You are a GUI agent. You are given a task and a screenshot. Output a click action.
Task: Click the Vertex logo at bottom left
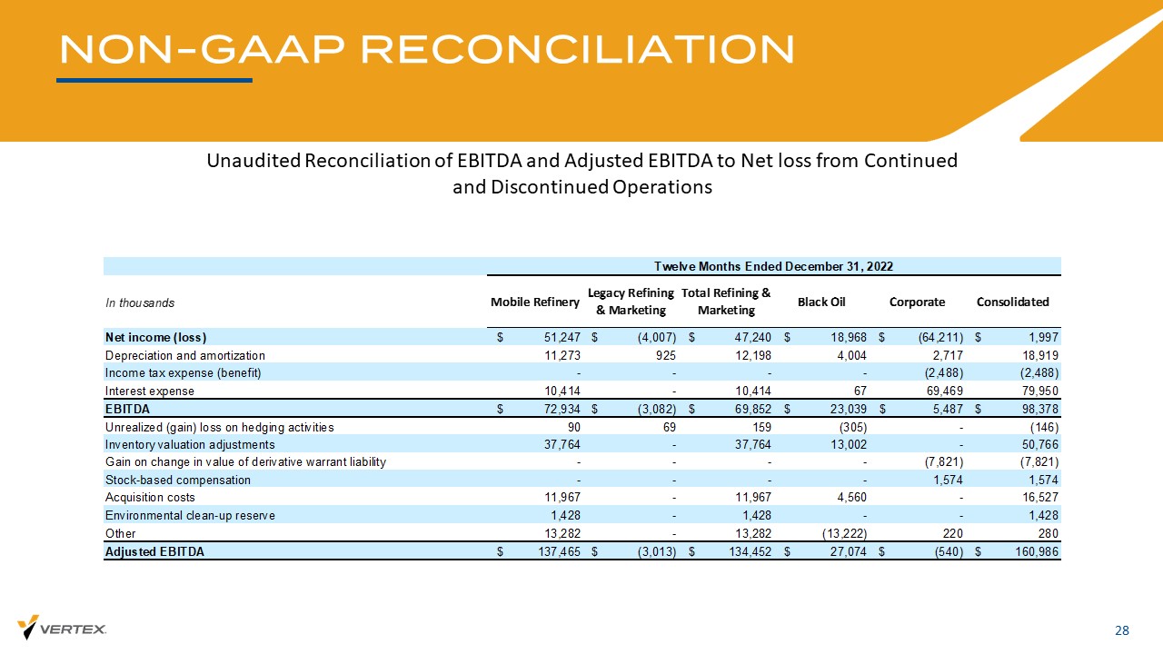tap(63, 628)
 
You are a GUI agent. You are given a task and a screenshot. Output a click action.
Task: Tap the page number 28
tap(1122, 630)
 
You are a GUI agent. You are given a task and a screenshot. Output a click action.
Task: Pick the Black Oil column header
tap(822, 302)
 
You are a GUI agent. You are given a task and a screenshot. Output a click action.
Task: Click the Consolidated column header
tap(1012, 302)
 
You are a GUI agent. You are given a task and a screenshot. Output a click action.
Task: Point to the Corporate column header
tap(917, 302)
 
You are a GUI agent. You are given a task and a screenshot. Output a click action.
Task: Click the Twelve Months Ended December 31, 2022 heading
tap(774, 266)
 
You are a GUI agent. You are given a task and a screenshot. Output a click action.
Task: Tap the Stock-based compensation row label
tap(178, 480)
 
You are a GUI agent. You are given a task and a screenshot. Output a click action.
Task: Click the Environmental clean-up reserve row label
tap(190, 515)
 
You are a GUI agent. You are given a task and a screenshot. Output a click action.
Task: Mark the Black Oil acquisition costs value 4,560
tap(850, 497)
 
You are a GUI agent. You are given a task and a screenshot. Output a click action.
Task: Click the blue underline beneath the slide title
tap(154, 80)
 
